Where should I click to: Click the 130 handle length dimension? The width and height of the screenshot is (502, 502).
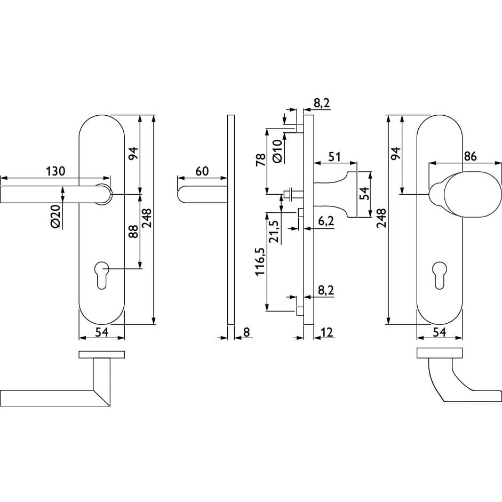point(55,171)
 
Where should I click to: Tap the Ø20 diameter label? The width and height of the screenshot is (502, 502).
point(55,216)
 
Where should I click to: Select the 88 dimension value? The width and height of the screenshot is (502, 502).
point(133,232)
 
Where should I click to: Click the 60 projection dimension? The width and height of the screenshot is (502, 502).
point(202,171)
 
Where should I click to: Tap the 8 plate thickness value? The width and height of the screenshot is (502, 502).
point(246,332)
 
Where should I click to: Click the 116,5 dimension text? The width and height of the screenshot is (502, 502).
point(260,261)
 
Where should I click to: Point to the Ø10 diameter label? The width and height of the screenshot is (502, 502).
point(277,151)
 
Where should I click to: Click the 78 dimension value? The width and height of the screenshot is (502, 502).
point(261,160)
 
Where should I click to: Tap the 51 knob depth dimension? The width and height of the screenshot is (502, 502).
point(334,157)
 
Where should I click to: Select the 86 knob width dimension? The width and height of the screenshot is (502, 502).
point(470,156)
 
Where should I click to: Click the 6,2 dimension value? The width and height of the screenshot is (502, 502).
point(326,221)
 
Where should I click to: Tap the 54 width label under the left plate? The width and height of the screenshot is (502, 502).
point(101,332)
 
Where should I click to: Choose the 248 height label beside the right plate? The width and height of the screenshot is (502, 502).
point(381,218)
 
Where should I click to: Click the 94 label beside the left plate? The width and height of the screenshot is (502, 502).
point(133,153)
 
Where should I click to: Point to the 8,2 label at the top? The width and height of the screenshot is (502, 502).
point(322,103)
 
